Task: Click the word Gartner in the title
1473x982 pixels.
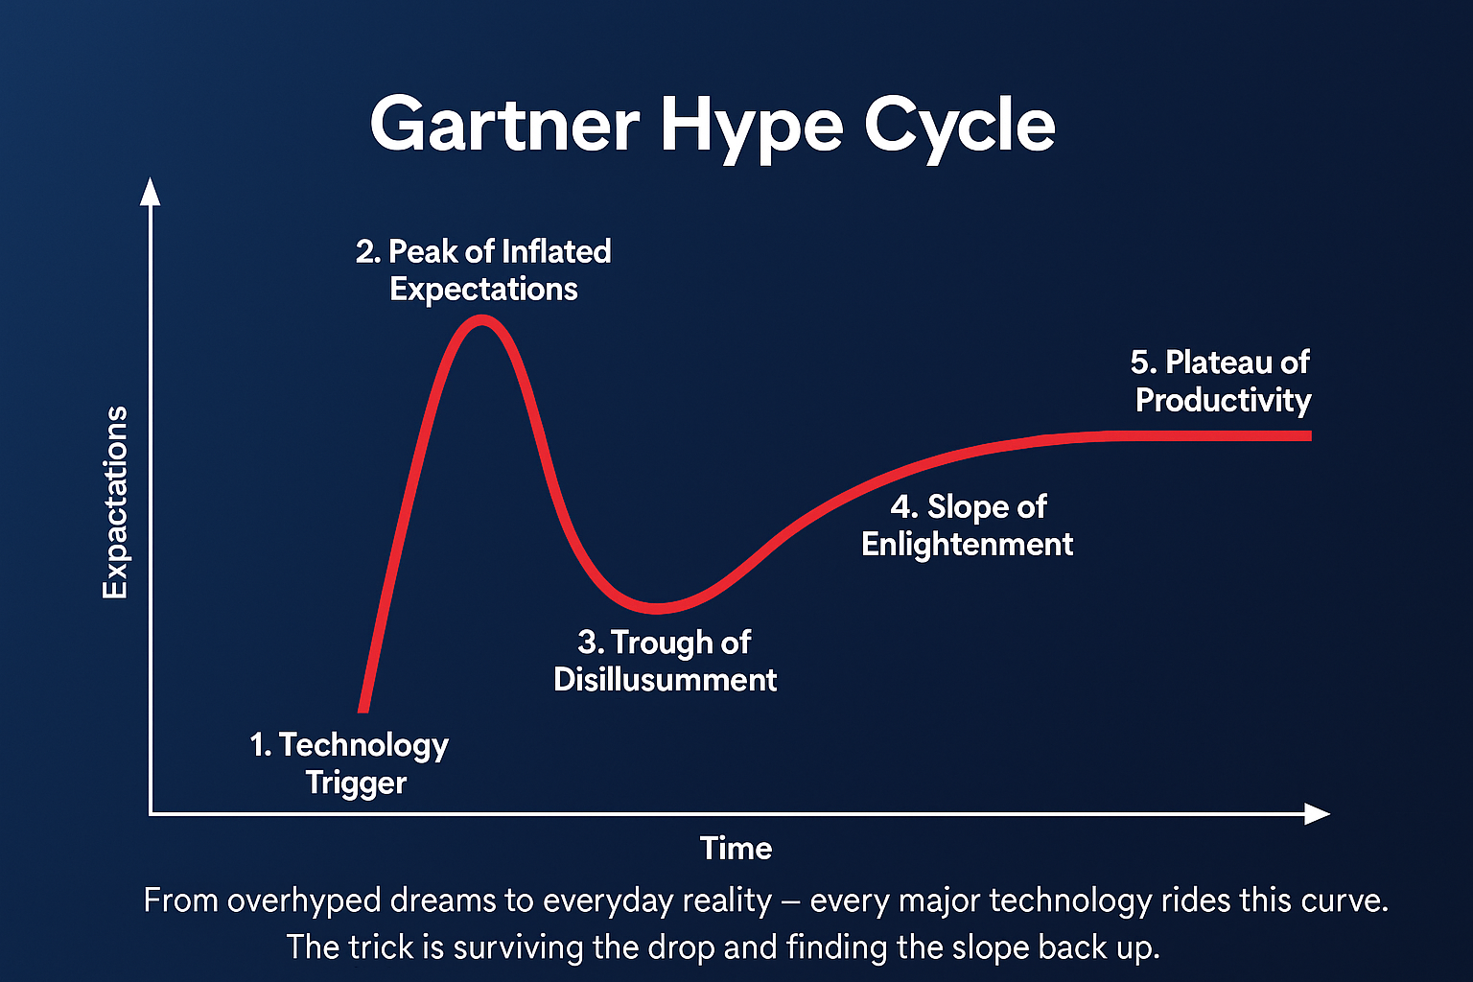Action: tap(504, 126)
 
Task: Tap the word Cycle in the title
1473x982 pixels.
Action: tap(958, 126)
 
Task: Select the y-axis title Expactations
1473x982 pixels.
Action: tap(116, 503)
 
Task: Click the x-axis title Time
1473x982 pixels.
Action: tap(736, 848)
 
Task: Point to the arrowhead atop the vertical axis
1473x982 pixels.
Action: tap(150, 191)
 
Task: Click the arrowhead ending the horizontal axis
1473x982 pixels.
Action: tap(1317, 814)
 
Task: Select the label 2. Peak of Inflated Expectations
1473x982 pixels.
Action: tap(483, 269)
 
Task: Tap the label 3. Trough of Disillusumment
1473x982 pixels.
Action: tap(665, 661)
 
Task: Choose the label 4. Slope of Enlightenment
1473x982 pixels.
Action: tap(967, 525)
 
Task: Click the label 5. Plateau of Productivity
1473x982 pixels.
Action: tap(1221, 381)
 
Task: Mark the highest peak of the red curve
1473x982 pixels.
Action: tap(480, 321)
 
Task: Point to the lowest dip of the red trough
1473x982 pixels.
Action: tap(657, 608)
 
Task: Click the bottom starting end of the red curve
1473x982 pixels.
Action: tap(362, 709)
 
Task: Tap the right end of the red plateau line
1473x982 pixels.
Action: tap(1307, 435)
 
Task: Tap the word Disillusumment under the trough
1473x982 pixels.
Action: tap(665, 680)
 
